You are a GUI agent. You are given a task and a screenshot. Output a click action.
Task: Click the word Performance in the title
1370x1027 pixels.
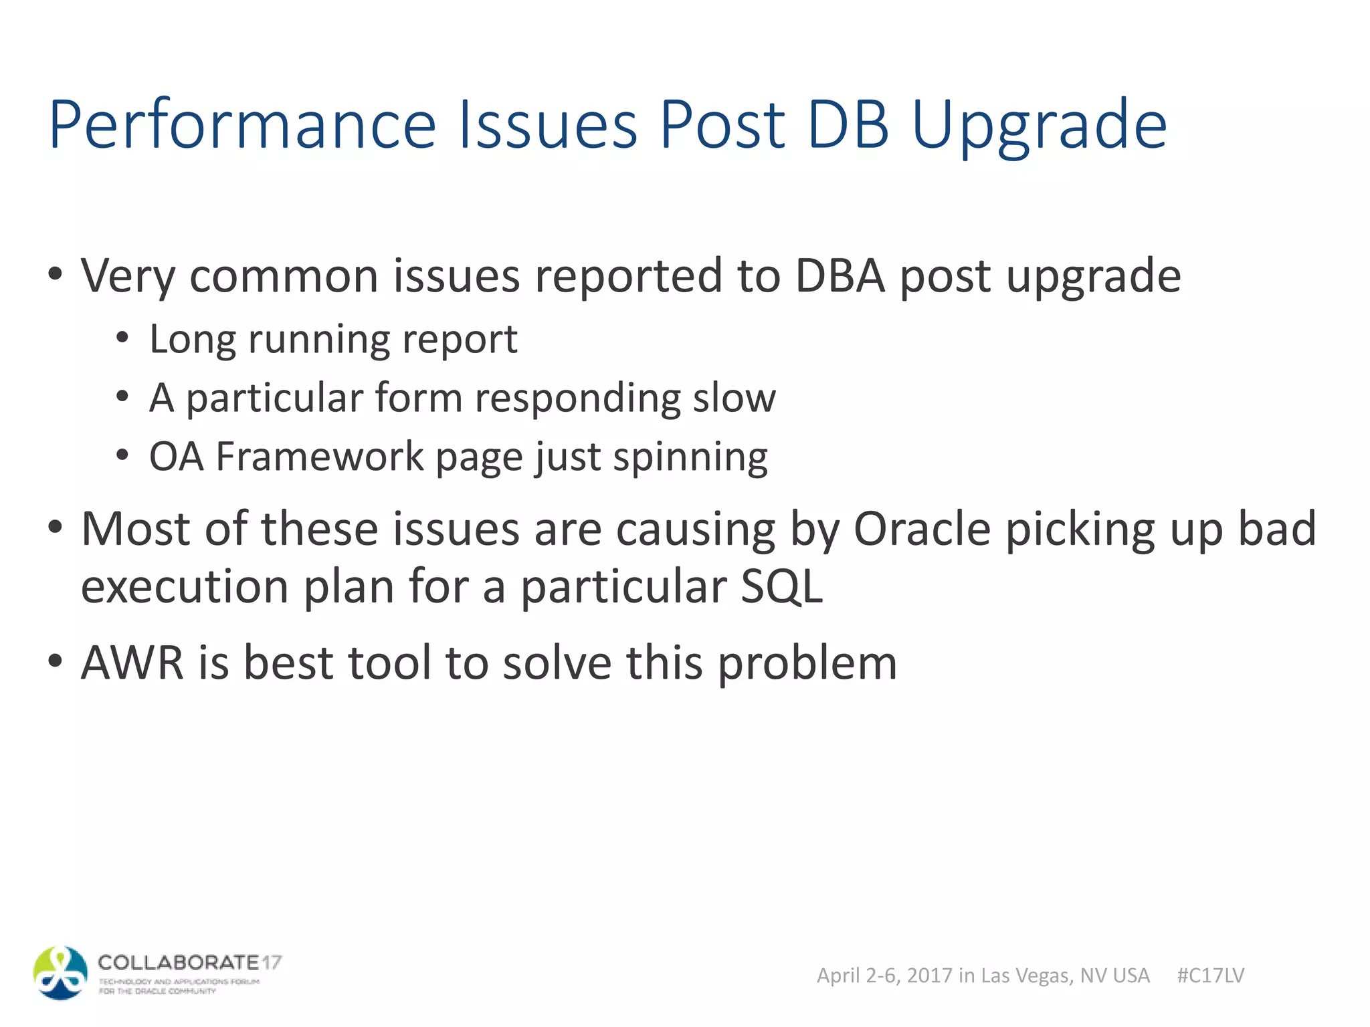tap(242, 124)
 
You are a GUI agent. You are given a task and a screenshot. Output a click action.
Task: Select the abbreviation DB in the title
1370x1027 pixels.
tap(848, 124)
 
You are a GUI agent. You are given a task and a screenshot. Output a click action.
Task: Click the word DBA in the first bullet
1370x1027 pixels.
tap(840, 275)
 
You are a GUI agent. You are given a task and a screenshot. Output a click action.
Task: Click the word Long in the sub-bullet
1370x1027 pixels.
tap(191, 340)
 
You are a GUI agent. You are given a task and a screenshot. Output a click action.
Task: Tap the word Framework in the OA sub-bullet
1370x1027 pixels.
tap(320, 457)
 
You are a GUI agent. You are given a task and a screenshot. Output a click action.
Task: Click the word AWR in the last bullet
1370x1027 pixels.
tap(132, 663)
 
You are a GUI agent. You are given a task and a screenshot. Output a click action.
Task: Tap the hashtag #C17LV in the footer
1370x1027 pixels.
tap(1210, 976)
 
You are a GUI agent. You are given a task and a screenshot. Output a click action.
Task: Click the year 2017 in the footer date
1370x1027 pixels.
tap(929, 976)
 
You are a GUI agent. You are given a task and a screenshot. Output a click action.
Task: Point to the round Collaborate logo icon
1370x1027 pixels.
tap(60, 973)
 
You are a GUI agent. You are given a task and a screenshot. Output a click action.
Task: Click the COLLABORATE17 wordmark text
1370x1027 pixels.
tap(189, 963)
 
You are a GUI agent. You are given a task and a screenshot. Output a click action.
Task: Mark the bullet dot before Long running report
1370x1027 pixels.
tap(122, 338)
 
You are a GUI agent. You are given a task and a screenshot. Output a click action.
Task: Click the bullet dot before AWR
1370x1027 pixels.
tap(55, 661)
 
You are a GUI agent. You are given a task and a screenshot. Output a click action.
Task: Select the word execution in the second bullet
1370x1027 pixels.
tap(185, 587)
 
